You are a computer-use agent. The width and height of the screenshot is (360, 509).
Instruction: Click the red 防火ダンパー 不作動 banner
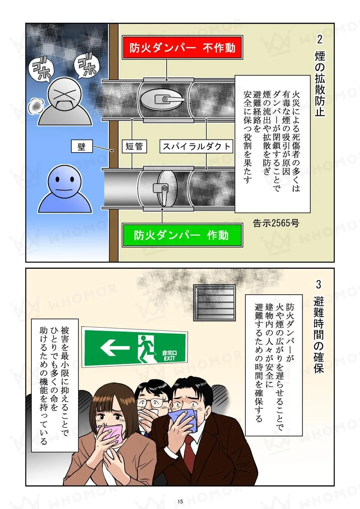[x=182, y=47]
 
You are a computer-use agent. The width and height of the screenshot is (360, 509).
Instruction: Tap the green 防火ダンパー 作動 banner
[x=182, y=235]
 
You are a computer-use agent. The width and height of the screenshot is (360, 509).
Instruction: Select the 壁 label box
[x=82, y=146]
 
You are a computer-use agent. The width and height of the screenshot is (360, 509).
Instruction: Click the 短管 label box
[x=134, y=146]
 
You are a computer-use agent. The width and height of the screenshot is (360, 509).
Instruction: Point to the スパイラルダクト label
[x=196, y=146]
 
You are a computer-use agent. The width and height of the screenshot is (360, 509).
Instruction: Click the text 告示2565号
[x=276, y=223]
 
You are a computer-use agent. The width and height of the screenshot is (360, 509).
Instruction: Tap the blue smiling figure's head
[x=65, y=181]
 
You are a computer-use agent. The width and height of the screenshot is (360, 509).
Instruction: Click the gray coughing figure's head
[x=65, y=94]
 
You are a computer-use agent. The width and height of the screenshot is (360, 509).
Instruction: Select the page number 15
[x=180, y=501]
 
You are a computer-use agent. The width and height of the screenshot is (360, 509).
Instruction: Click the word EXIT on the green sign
[x=170, y=358]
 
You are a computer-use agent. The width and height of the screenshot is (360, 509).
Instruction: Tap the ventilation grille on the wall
[x=215, y=303]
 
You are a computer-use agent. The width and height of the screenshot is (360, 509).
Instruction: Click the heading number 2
[x=320, y=39]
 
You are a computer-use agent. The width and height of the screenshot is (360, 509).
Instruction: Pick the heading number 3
[x=319, y=284]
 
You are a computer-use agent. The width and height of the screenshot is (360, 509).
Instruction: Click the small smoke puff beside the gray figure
[x=35, y=106]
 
